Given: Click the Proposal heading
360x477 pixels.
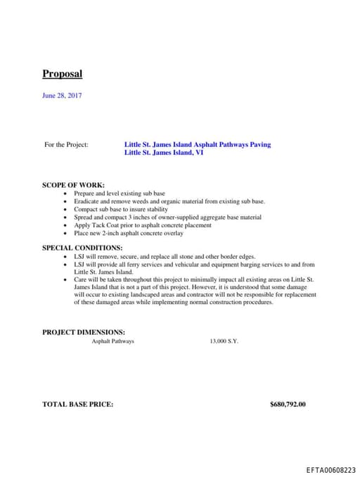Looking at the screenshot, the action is tap(62, 74).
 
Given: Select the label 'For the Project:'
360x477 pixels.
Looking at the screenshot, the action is tap(66, 145).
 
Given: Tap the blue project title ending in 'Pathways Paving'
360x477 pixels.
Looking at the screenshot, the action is tap(197, 145).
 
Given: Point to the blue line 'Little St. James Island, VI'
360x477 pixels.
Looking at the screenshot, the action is tap(164, 152).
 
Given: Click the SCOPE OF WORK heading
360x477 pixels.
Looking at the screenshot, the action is tap(73, 185).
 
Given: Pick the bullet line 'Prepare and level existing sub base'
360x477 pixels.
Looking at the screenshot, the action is tap(120, 193).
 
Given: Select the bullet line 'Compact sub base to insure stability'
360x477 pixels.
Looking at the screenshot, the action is tap(121, 209).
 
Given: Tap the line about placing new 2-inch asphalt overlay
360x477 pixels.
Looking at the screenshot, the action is tap(128, 234).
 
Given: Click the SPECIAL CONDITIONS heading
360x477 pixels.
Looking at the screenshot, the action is tap(82, 248).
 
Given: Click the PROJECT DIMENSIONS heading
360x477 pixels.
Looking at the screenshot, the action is tap(84, 332).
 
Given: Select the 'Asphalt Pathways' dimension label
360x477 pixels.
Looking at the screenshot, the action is tap(112, 341).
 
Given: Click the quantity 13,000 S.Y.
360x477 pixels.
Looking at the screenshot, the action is tap(224, 341).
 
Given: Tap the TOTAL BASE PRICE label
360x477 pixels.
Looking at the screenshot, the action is tap(77, 405).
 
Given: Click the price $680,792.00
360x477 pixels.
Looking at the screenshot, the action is tap(288, 405).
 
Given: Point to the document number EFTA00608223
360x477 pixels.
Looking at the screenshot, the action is tap(330, 469).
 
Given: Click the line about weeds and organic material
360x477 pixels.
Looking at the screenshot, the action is tap(169, 201).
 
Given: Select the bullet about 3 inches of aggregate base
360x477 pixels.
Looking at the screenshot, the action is tap(167, 217).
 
